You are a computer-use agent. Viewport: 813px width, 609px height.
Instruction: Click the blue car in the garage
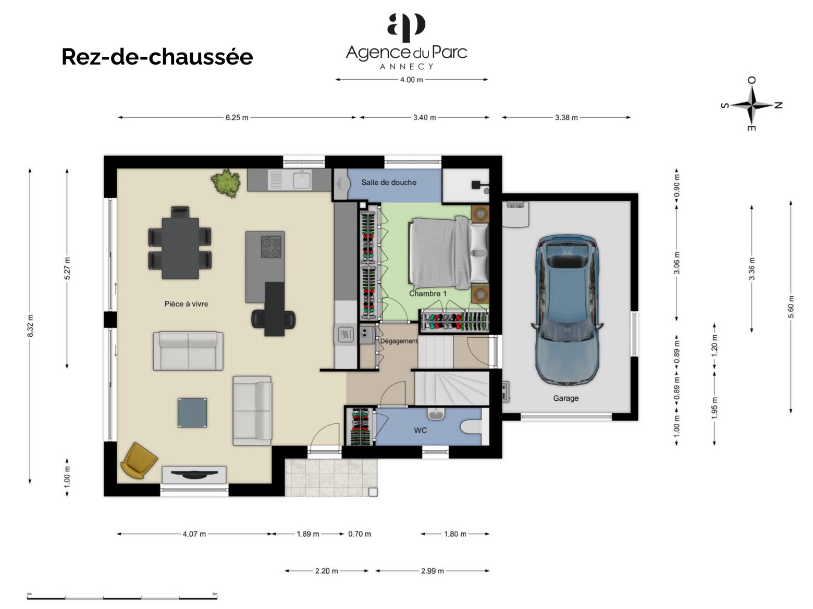[x=566, y=311]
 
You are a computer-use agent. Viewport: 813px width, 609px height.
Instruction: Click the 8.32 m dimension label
[x=30, y=326]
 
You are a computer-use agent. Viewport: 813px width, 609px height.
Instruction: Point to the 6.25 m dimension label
[x=237, y=118]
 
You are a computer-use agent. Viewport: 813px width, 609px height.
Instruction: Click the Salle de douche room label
[x=389, y=182]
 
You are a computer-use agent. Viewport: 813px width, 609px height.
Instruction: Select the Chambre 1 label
[x=428, y=294]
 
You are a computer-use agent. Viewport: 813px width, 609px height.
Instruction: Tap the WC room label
[x=421, y=430]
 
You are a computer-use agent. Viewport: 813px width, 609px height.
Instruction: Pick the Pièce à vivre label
[x=186, y=304]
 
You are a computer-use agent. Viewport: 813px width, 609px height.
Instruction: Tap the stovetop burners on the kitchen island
[x=271, y=247]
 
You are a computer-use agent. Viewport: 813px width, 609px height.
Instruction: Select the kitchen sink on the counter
[x=302, y=180]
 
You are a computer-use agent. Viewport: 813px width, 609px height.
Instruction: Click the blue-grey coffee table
[x=192, y=413]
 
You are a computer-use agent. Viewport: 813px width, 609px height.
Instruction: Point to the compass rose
[x=752, y=105]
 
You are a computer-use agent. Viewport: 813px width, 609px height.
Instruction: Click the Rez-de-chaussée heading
[x=157, y=57]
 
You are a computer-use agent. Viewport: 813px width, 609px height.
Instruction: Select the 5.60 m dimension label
[x=791, y=307]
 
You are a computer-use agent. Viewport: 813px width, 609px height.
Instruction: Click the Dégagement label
[x=399, y=341]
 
